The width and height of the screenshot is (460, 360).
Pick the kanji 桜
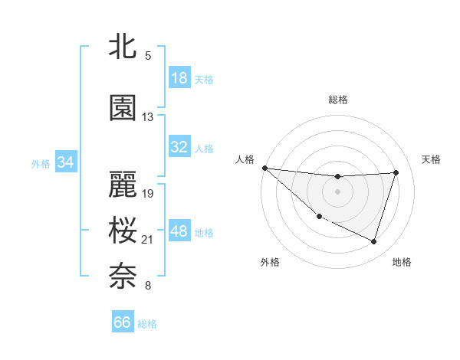point(123,231)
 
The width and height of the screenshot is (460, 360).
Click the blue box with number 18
point(179,78)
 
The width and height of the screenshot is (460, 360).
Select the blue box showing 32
point(179,147)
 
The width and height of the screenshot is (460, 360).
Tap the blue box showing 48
point(179,231)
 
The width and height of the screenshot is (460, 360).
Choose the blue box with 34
point(66,162)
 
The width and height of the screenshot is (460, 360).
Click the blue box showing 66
point(123,322)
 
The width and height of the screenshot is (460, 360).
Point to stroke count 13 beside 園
point(148,117)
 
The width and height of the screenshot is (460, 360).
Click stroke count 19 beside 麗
point(148,193)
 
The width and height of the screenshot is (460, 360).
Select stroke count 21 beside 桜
point(148,240)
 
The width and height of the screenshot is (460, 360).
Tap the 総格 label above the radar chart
point(337,100)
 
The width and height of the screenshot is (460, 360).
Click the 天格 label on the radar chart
point(431,159)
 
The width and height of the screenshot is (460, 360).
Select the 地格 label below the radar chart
point(402,262)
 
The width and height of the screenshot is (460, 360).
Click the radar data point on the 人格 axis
point(264,168)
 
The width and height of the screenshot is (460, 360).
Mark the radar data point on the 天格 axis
point(396,172)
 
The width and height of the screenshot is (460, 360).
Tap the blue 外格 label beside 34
point(41,163)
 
